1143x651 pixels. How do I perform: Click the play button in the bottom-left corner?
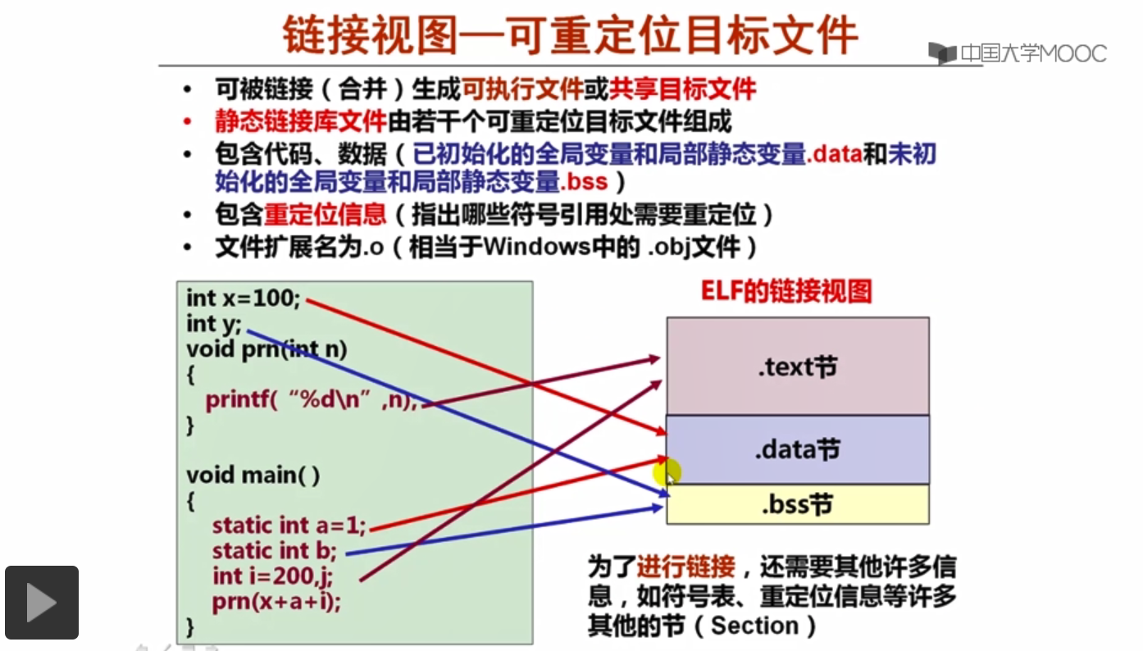(42, 603)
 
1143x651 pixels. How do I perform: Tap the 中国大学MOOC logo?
(1018, 54)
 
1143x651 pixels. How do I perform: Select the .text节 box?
(797, 366)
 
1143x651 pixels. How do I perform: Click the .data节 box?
(797, 449)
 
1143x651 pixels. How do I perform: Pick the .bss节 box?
(797, 504)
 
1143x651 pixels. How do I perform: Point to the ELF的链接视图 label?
(786, 292)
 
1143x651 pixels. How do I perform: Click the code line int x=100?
(244, 298)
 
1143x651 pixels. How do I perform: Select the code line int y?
(214, 324)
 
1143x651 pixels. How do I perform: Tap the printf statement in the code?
(312, 401)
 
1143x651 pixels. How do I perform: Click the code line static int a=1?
(289, 526)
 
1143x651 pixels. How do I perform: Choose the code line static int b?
(274, 551)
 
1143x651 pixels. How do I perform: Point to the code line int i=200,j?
(272, 576)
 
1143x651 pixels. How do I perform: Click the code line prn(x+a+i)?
(276, 602)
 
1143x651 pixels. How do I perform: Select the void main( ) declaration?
(253, 475)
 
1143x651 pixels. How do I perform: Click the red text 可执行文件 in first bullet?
(522, 89)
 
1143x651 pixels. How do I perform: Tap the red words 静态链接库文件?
(300, 122)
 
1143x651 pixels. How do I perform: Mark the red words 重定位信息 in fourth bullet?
(325, 215)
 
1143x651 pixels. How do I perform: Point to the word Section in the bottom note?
(754, 626)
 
